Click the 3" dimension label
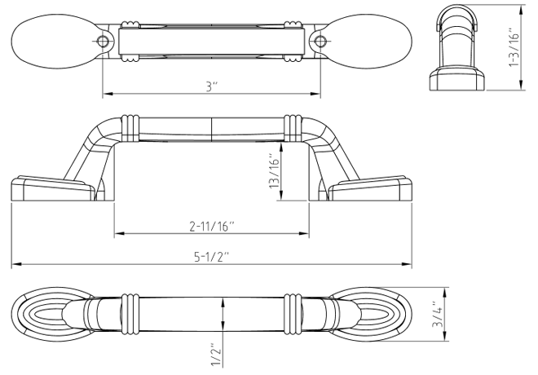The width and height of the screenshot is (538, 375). tap(212, 86)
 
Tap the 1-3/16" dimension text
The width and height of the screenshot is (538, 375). tap(514, 47)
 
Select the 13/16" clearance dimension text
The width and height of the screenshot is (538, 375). tap(275, 170)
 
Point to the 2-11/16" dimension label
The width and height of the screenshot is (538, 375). tap(212, 226)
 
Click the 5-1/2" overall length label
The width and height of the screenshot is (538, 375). tap(211, 257)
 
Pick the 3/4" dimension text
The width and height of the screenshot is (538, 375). tap(439, 315)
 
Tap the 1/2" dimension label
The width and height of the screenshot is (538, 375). tap(217, 354)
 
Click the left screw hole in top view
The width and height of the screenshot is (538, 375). tap(103, 42)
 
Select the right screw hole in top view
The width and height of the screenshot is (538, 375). tap(320, 42)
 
